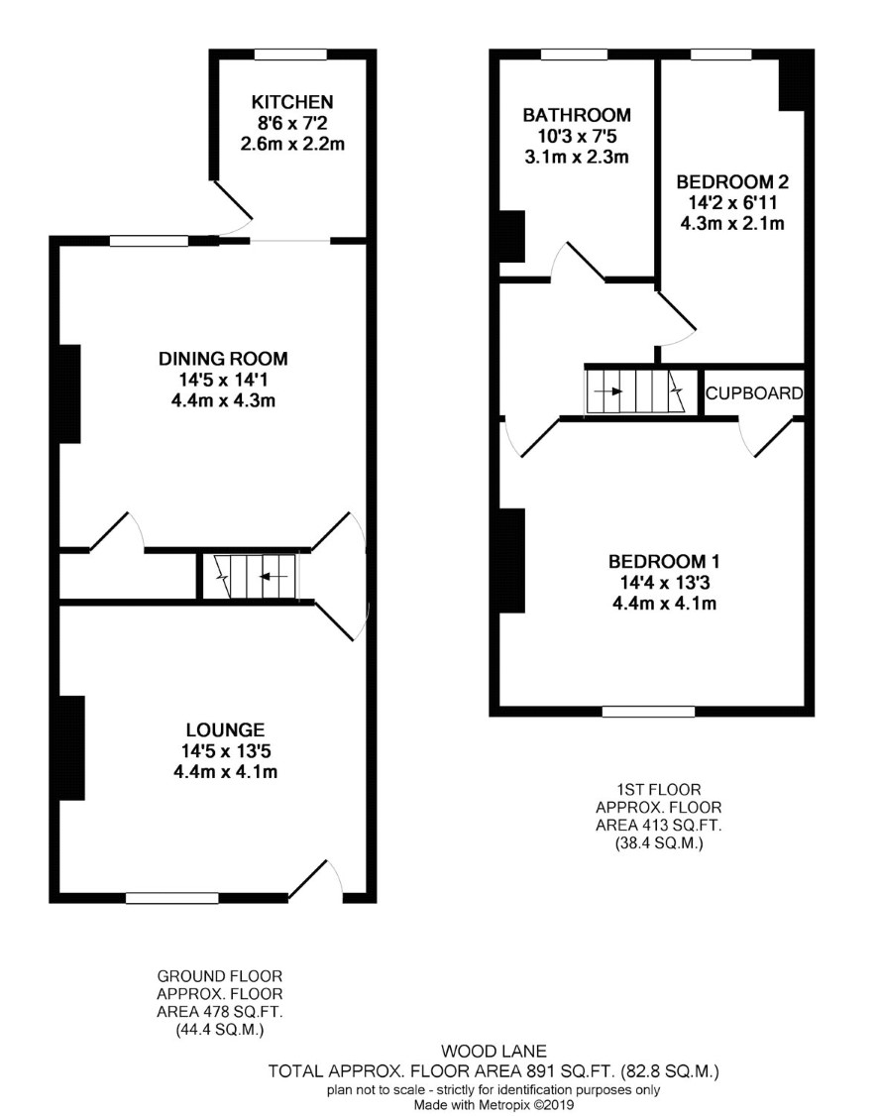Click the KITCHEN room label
tap(292, 102)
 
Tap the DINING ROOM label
tap(223, 358)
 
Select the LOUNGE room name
tap(226, 729)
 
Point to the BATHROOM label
tap(577, 115)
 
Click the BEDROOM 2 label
tap(732, 181)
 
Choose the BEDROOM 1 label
tap(664, 562)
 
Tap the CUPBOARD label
tap(754, 392)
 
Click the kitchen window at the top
tap(291, 55)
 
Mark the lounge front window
tap(172, 898)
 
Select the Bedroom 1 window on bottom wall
tap(648, 711)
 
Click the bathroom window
tap(574, 55)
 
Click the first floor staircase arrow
tap(608, 391)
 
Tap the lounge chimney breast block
tap(72, 748)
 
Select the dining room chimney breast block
tap(69, 394)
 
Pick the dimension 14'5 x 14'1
tap(223, 380)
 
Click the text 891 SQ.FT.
tap(554, 1070)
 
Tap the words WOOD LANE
tap(494, 1051)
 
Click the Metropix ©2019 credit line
tap(494, 1105)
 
